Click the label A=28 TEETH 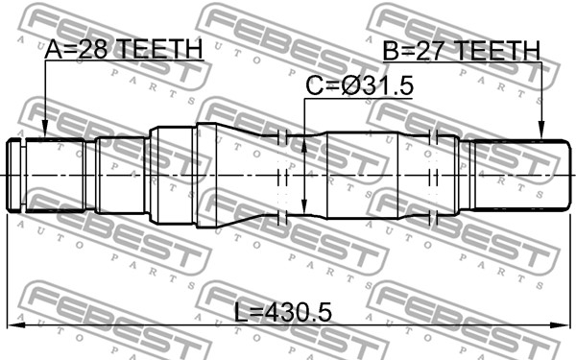[x=124, y=50]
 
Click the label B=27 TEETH [x=462, y=51]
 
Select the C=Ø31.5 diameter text [x=360, y=85]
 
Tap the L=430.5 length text [x=283, y=312]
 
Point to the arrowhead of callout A [x=44, y=132]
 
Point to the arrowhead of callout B [x=541, y=132]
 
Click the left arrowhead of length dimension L [x=15, y=324]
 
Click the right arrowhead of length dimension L [x=561, y=324]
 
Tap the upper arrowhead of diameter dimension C [x=304, y=145]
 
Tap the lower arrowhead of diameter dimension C [x=304, y=205]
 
